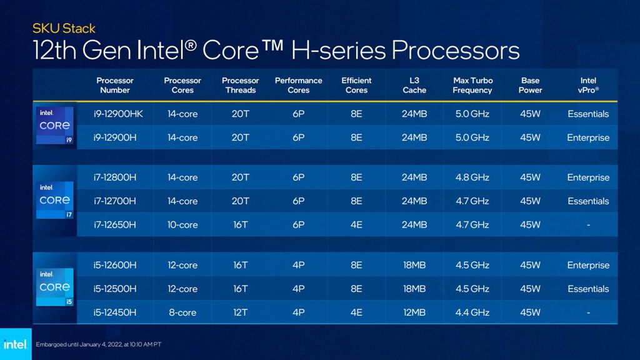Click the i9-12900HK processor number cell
pyautogui.click(x=115, y=114)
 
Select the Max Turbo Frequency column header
pyautogui.click(x=472, y=85)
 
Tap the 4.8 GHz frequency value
pyautogui.click(x=472, y=177)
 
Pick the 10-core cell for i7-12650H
pyautogui.click(x=182, y=225)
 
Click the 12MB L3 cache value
pyautogui.click(x=414, y=312)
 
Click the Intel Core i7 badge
pyautogui.click(x=55, y=200)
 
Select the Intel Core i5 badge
pyautogui.click(x=55, y=287)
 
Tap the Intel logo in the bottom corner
pyautogui.click(x=15, y=344)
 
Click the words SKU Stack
pyautogui.click(x=64, y=28)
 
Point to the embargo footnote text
pyautogui.click(x=99, y=344)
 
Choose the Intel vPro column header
pyautogui.click(x=588, y=85)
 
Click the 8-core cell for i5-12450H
pyautogui.click(x=182, y=312)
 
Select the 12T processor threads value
pyautogui.click(x=241, y=312)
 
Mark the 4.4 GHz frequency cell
pyautogui.click(x=472, y=312)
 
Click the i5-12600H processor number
pyautogui.click(x=115, y=265)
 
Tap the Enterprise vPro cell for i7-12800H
pyautogui.click(x=588, y=177)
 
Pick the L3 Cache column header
pyautogui.click(x=414, y=85)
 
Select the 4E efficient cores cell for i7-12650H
pyautogui.click(x=356, y=225)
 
